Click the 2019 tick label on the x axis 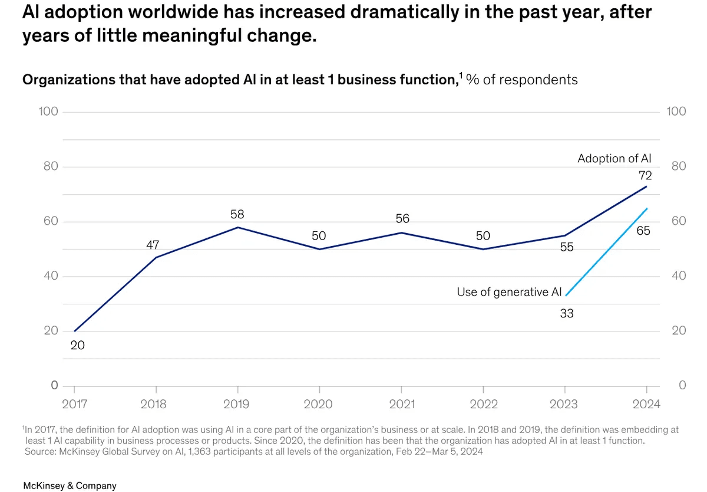[237, 404]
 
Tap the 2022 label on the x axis [483, 404]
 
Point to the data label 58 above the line [237, 214]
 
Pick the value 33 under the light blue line [566, 313]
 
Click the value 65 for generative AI [643, 231]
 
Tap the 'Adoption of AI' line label [615, 158]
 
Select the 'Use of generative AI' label [509, 292]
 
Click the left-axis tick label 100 [48, 111]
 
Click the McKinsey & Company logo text [70, 486]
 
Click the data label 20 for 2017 [78, 346]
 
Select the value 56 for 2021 [402, 219]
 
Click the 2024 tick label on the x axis [646, 404]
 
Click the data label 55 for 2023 [566, 247]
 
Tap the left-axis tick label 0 [54, 385]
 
